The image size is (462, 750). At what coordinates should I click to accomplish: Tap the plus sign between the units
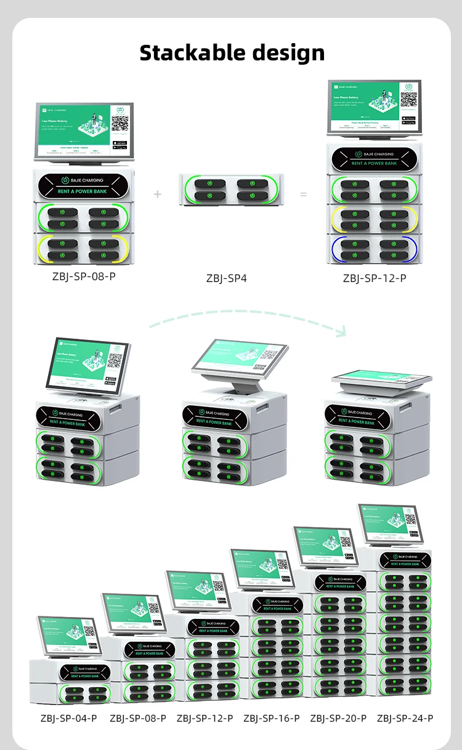pyautogui.click(x=158, y=195)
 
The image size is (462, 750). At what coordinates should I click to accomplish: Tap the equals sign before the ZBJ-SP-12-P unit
pyautogui.click(x=303, y=195)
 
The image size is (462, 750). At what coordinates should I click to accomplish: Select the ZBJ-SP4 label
pyautogui.click(x=226, y=278)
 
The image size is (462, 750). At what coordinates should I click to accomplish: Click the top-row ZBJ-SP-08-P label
pyautogui.click(x=84, y=276)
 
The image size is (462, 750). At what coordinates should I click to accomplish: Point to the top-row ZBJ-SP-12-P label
pyautogui.click(x=375, y=278)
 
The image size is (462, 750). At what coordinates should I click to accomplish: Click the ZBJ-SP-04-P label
pyautogui.click(x=68, y=718)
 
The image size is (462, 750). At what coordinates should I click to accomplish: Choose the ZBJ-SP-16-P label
pyautogui.click(x=271, y=718)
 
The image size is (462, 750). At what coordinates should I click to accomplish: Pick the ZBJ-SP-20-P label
pyautogui.click(x=338, y=718)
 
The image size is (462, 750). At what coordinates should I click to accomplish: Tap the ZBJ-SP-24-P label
pyautogui.click(x=405, y=718)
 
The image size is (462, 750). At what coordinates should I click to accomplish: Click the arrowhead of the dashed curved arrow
pyautogui.click(x=341, y=331)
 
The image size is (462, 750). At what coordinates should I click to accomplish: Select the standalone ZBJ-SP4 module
pyautogui.click(x=223, y=190)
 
